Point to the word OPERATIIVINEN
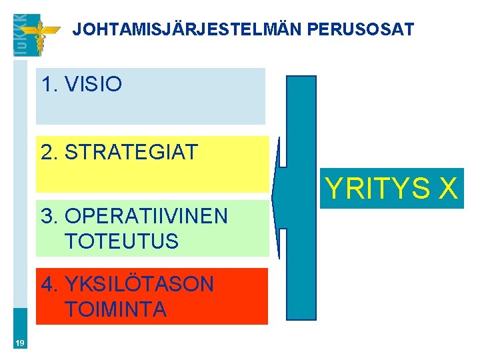point(147,216)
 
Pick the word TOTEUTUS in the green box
point(122,241)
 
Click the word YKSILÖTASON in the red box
point(139,285)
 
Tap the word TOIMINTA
point(116,309)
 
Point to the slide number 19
point(20,343)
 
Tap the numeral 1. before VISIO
point(49,85)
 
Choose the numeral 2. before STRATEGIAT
point(49,152)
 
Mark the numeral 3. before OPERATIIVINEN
point(49,216)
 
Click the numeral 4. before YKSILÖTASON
point(49,285)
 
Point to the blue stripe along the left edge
point(20,200)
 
